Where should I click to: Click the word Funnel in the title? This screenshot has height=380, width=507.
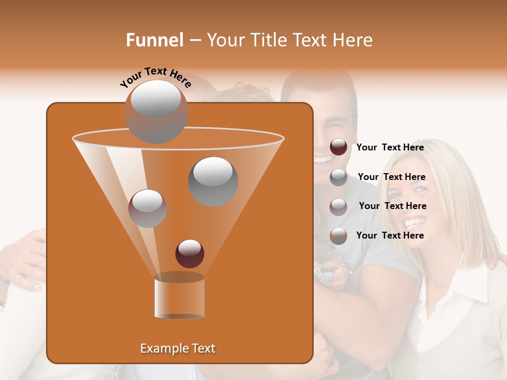click(x=154, y=40)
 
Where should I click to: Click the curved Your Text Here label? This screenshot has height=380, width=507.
click(x=156, y=78)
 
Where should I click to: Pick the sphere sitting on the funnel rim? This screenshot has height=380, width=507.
click(x=156, y=111)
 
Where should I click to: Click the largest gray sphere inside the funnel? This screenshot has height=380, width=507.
click(x=213, y=181)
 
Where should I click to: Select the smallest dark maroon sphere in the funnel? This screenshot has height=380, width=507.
click(x=190, y=253)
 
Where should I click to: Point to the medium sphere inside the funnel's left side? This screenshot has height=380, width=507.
click(x=148, y=208)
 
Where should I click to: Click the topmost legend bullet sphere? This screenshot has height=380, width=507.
click(x=339, y=147)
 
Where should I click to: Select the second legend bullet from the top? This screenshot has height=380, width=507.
click(x=339, y=177)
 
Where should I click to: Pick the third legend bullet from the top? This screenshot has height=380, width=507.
click(x=339, y=207)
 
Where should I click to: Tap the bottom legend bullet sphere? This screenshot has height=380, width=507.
click(x=339, y=236)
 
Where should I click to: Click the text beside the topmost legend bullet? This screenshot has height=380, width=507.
click(x=390, y=147)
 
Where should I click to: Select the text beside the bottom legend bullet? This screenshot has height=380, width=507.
click(x=390, y=235)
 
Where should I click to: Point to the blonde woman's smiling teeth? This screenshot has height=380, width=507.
click(x=416, y=221)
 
